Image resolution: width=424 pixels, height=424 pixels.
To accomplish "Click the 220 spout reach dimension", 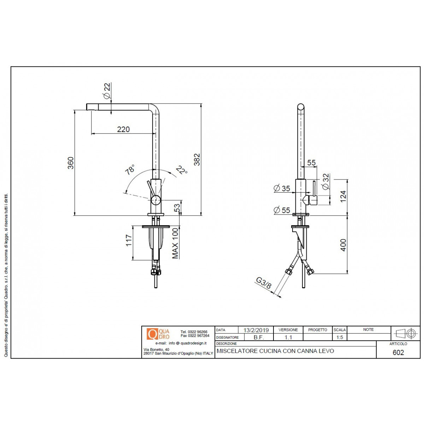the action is click(x=123, y=129).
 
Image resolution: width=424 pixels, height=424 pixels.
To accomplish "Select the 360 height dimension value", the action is click(x=71, y=163).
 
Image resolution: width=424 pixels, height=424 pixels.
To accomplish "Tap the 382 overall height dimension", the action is click(x=197, y=159).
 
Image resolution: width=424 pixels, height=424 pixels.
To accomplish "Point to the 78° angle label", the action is click(x=130, y=170).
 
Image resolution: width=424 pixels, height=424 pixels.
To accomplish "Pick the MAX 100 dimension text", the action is click(x=175, y=243).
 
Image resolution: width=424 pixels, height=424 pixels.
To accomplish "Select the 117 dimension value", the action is click(x=129, y=240).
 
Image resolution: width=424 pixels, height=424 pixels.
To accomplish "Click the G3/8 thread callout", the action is click(x=264, y=283).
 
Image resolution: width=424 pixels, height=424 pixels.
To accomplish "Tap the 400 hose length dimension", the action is click(x=343, y=245).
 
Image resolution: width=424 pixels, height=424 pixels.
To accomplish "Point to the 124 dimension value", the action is click(x=343, y=196).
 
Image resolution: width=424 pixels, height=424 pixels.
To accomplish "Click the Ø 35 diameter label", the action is click(x=282, y=189).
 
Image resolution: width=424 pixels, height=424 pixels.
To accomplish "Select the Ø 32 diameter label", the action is click(x=326, y=182).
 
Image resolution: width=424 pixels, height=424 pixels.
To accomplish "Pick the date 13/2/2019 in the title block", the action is click(x=256, y=330).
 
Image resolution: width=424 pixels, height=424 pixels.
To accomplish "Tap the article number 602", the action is click(x=398, y=353).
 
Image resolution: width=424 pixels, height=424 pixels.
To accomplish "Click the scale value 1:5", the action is click(x=340, y=337).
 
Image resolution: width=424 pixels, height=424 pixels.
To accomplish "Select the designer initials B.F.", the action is click(x=259, y=337).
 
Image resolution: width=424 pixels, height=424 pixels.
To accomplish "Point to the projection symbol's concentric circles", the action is click(x=411, y=334).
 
